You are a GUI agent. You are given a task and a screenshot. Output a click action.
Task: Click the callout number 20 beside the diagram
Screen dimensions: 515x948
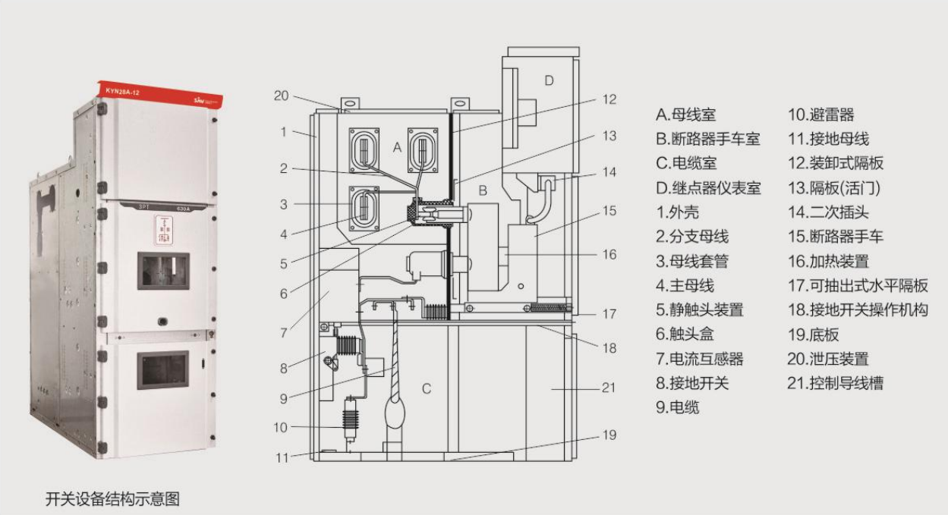pyautogui.click(x=281, y=96)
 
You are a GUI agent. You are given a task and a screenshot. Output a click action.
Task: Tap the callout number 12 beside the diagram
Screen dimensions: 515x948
pyautogui.click(x=609, y=99)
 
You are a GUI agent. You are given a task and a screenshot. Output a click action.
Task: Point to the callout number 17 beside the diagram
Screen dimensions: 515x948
pyautogui.click(x=609, y=312)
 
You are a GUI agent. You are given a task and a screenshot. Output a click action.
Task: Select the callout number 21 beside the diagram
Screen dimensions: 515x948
pyautogui.click(x=609, y=388)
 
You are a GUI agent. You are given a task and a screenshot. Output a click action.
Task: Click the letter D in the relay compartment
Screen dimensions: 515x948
pyautogui.click(x=549, y=80)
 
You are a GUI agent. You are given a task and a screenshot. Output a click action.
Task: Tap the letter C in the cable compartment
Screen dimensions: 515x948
pyautogui.click(x=427, y=389)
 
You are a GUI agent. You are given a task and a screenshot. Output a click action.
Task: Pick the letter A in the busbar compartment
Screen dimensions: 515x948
pyautogui.click(x=396, y=149)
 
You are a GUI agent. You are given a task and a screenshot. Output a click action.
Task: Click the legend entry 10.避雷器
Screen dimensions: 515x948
pyautogui.click(x=820, y=115)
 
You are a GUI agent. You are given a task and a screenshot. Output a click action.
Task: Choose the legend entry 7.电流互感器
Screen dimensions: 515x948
pyautogui.click(x=700, y=359)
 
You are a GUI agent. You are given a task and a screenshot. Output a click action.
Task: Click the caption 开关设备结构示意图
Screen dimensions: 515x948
pyautogui.click(x=112, y=499)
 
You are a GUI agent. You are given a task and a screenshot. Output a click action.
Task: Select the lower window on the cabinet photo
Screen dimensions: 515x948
pyautogui.click(x=162, y=370)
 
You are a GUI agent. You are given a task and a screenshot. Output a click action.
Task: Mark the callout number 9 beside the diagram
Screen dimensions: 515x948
pyautogui.click(x=283, y=397)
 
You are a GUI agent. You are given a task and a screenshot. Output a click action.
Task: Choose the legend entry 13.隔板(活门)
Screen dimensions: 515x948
pyautogui.click(x=835, y=188)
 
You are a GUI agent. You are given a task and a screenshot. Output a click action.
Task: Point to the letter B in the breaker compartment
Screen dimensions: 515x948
pyautogui.click(x=480, y=190)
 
